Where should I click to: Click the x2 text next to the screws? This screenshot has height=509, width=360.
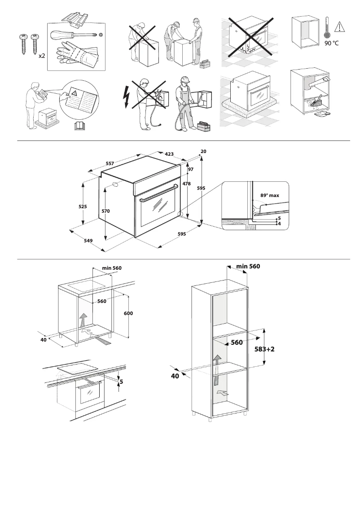click(x=41, y=56)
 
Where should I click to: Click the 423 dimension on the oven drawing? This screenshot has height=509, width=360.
click(x=170, y=154)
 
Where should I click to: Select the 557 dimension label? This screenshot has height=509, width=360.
click(x=109, y=164)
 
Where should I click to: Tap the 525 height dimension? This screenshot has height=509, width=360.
click(x=82, y=206)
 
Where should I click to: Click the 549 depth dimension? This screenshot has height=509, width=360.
click(x=88, y=241)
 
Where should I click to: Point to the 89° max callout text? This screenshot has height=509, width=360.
click(x=269, y=196)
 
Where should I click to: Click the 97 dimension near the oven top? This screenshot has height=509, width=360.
click(x=190, y=169)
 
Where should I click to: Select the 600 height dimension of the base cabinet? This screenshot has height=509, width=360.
click(x=128, y=313)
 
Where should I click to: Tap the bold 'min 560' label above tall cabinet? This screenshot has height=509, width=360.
click(x=248, y=266)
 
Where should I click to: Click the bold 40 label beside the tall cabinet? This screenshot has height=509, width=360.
click(x=175, y=376)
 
